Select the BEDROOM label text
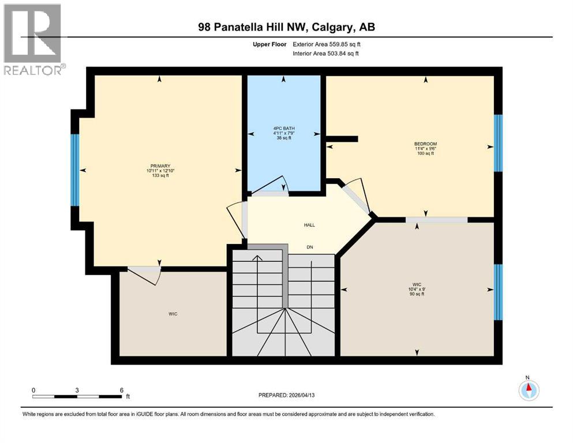[x=425, y=144]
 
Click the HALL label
[x=309, y=226]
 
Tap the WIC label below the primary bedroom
[x=173, y=314]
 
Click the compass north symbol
[x=527, y=389]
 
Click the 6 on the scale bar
[x=121, y=390]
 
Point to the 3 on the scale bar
[x=77, y=390]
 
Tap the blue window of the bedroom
[x=499, y=142]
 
